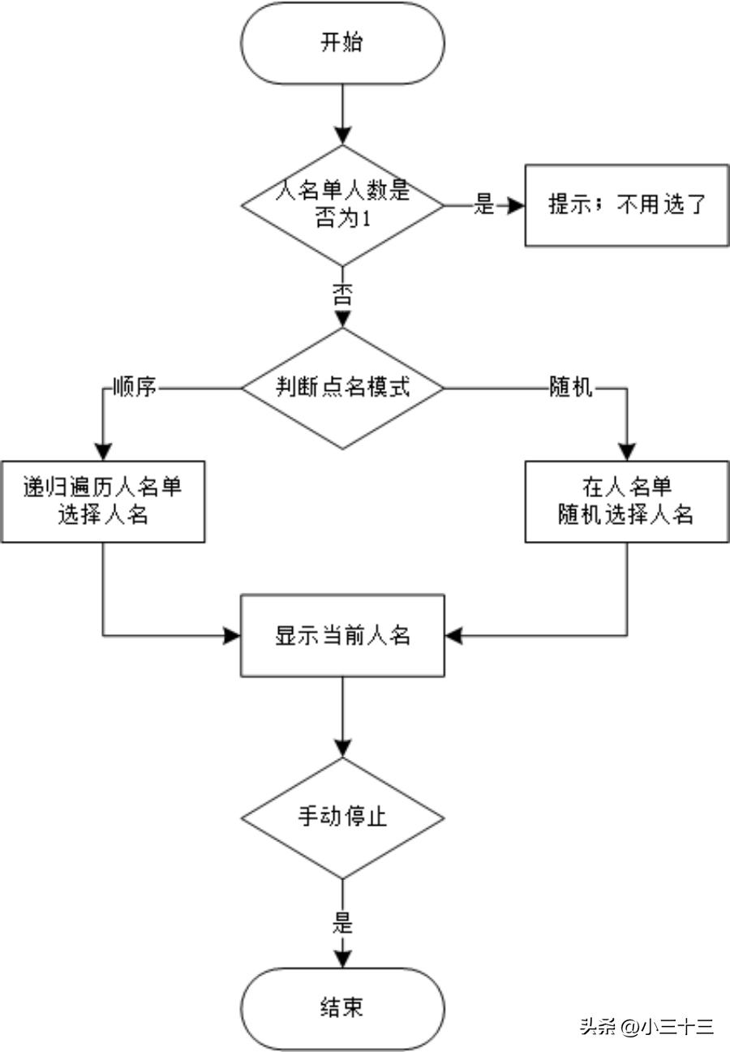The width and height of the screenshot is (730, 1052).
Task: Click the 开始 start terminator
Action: point(342,43)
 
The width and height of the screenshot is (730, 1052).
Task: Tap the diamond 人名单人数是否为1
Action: point(342,205)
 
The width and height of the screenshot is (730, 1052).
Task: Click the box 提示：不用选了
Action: point(626,205)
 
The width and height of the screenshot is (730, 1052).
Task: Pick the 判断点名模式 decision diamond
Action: point(342,388)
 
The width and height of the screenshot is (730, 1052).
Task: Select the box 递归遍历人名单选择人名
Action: point(102,502)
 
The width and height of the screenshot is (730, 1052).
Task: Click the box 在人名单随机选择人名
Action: point(626,502)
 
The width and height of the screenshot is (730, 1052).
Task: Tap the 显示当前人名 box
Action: point(342,635)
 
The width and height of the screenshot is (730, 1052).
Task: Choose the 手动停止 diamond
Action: point(342,817)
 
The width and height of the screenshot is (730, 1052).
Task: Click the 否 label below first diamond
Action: point(342,295)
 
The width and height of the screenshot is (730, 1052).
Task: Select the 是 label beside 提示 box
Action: point(483,205)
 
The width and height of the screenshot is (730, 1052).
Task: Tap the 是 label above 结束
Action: point(342,923)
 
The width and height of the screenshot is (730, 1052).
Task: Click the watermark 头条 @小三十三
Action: point(646,1026)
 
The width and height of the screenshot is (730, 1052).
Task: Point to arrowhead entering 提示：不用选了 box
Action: point(517,205)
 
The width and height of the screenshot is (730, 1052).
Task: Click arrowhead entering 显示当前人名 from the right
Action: point(453,635)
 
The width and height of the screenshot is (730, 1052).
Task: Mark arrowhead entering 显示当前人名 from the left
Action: point(233,635)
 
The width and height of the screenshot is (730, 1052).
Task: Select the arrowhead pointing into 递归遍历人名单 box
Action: point(102,453)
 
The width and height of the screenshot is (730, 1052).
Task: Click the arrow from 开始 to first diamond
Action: point(342,114)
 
